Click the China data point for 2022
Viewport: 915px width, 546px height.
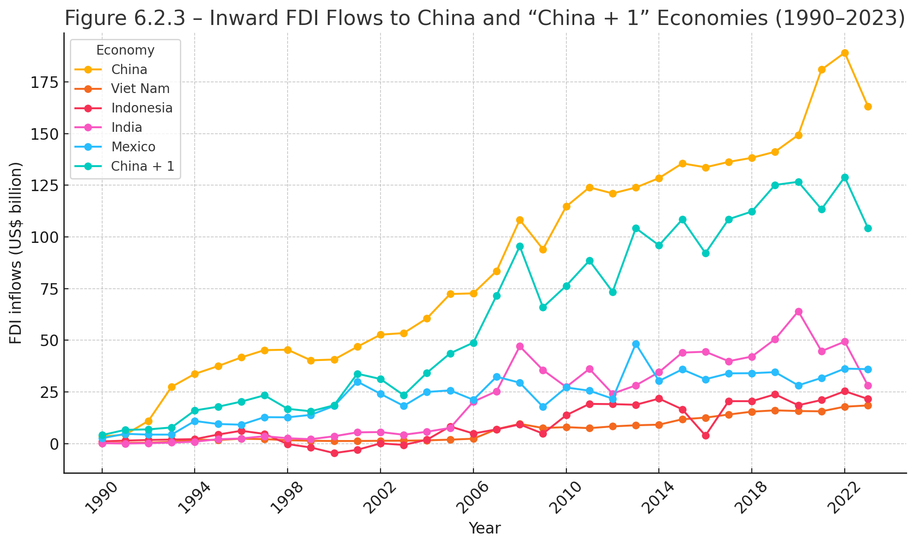point(845,53)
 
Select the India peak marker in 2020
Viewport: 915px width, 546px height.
point(798,312)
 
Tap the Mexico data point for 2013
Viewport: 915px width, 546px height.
point(636,344)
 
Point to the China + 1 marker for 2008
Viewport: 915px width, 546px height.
point(520,247)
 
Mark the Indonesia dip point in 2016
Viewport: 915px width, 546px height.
point(706,435)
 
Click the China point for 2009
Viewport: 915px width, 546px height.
point(543,249)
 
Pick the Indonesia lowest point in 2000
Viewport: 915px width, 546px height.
point(334,453)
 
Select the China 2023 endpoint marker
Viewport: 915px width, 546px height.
point(868,107)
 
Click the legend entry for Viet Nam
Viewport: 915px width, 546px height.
point(140,89)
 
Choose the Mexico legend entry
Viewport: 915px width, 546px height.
point(133,147)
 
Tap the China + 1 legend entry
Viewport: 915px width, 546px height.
point(142,166)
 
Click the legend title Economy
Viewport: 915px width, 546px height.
point(125,50)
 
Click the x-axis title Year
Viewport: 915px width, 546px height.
point(485,528)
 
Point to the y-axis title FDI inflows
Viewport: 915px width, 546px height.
point(16,253)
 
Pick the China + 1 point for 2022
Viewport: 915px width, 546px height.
point(845,178)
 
